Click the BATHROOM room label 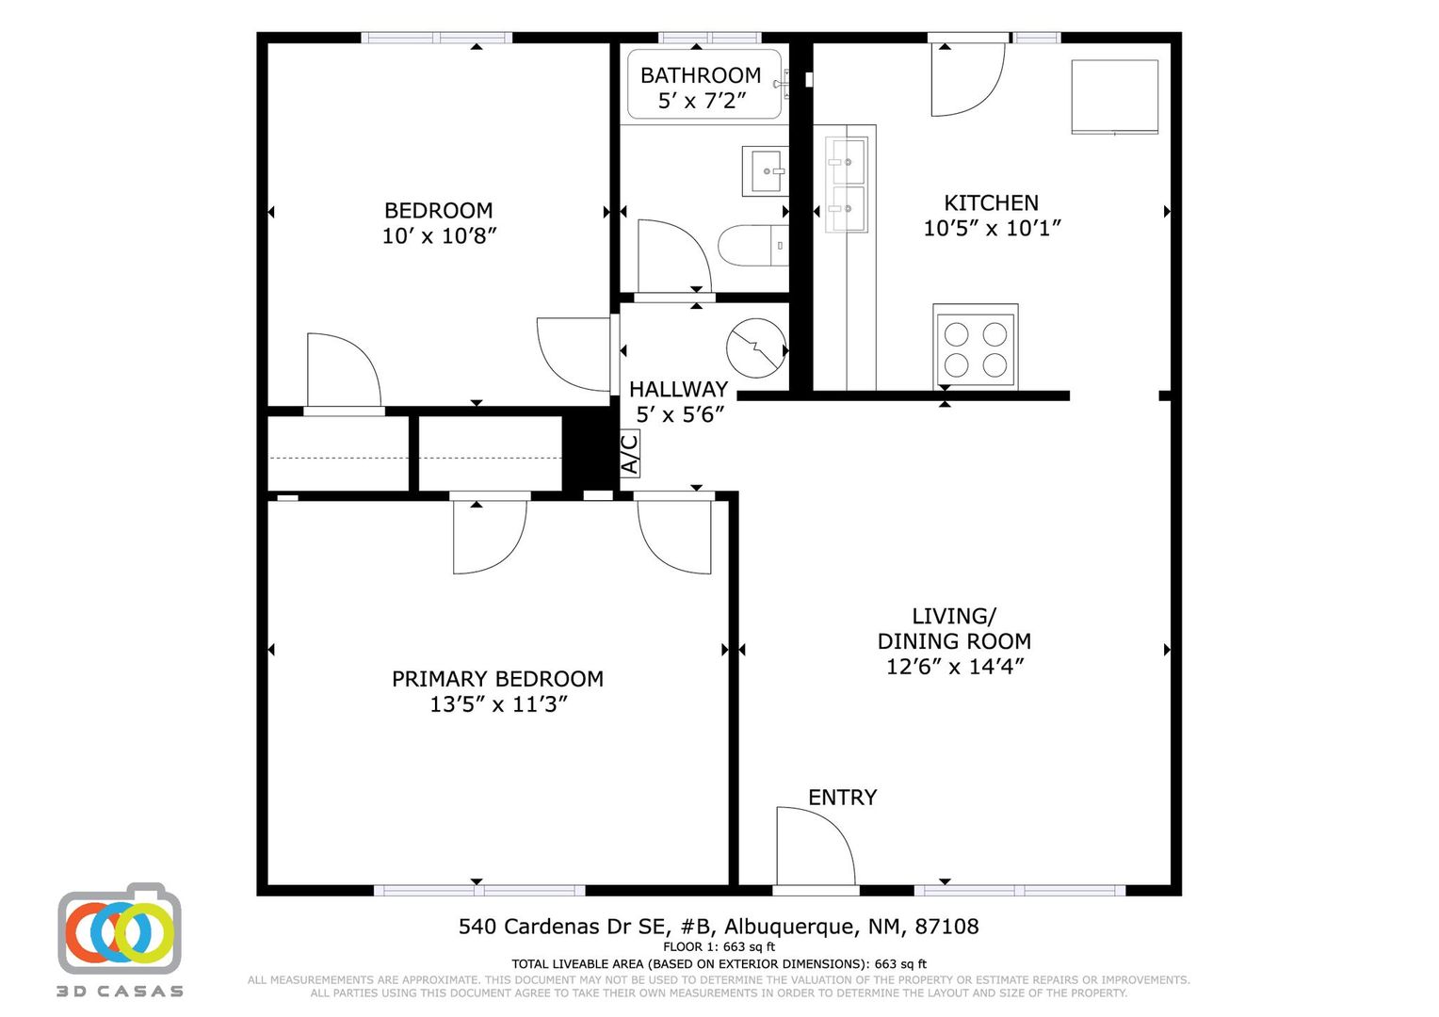point(700,75)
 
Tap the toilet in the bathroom point(752,246)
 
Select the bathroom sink point(765,171)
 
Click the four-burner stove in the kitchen point(975,346)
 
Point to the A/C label point(629,453)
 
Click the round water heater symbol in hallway point(756,347)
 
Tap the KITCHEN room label point(991,202)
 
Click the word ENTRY point(842,798)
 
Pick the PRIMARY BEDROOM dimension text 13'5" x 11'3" point(498,704)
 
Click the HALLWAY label point(678,389)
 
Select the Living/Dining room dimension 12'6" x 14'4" point(954,667)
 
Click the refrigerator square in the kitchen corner point(1114,97)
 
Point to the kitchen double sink point(846,185)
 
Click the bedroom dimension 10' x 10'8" point(438,235)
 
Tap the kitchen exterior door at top point(967,77)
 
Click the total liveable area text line point(719,963)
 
